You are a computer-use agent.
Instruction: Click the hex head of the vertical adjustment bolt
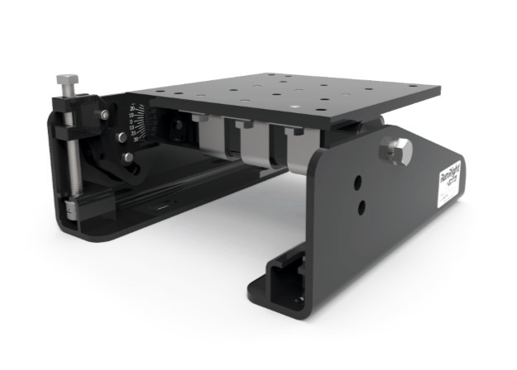67,80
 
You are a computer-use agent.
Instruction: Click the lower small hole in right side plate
361,205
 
